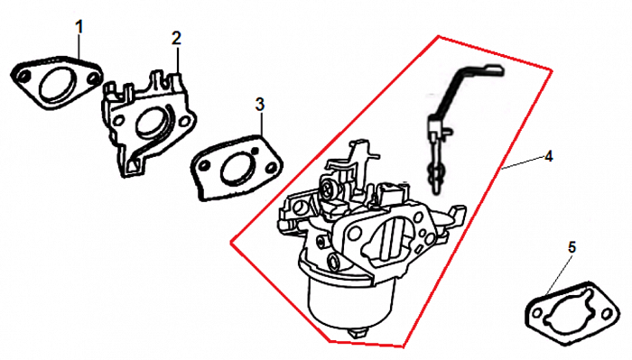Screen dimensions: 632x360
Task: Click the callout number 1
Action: [79, 27]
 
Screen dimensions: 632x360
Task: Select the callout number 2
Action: [177, 38]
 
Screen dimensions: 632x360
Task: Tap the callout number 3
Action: [260, 105]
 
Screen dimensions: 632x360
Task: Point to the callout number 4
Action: [548, 156]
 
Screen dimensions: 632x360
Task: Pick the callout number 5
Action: [572, 247]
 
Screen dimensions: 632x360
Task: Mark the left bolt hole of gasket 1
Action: [23, 76]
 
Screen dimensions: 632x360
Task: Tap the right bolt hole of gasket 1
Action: [94, 78]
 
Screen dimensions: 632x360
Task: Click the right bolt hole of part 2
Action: [184, 121]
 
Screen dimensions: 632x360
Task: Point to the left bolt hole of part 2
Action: [118, 120]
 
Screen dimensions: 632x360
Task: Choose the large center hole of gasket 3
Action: [237, 169]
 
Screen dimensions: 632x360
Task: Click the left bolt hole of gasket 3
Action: [205, 165]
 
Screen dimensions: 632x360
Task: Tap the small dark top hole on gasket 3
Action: [255, 150]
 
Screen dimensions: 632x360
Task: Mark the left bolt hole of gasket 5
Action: [538, 313]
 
